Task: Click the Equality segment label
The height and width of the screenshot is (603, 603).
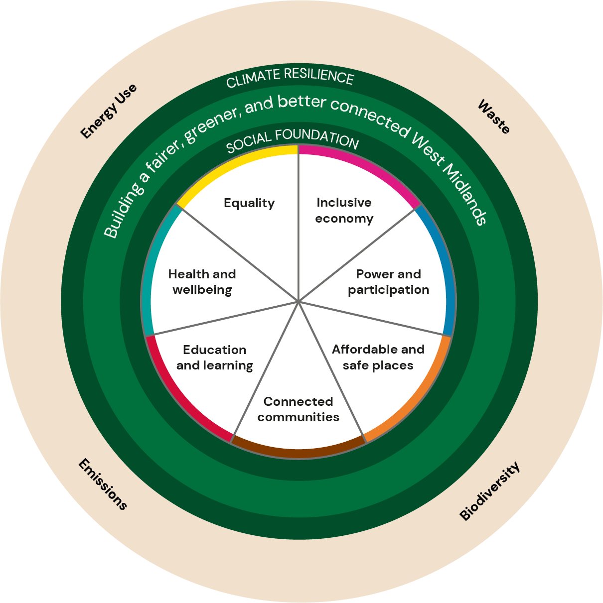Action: point(249,203)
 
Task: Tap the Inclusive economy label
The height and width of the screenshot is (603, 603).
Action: point(344,211)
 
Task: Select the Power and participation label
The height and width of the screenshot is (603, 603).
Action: point(389,282)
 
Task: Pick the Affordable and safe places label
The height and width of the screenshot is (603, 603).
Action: point(378,357)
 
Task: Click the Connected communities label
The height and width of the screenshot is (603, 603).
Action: point(298,409)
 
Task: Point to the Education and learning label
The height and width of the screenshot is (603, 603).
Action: point(215,358)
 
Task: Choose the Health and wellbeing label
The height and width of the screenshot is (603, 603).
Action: point(202,282)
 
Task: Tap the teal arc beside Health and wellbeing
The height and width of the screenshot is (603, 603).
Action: point(150,269)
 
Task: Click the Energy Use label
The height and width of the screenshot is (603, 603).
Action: point(109,111)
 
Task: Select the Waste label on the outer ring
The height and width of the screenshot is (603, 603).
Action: point(494,117)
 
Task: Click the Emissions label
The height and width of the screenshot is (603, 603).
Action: point(103,484)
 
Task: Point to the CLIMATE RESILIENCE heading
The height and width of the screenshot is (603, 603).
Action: point(290,78)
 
